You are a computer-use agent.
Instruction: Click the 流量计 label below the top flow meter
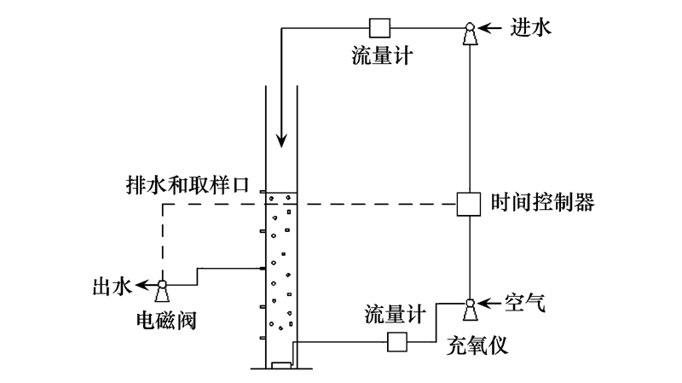tap(383, 56)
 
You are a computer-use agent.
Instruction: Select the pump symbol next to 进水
tap(469, 35)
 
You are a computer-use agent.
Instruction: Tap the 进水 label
tap(532, 27)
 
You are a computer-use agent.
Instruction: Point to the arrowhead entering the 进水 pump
tap(484, 28)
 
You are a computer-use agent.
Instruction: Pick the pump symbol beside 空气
tap(469, 306)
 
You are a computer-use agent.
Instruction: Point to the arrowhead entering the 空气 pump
tap(484, 301)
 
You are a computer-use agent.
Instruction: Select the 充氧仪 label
tap(477, 347)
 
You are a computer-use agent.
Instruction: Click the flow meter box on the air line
tap(398, 342)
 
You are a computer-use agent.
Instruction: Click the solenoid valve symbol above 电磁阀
tap(161, 292)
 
